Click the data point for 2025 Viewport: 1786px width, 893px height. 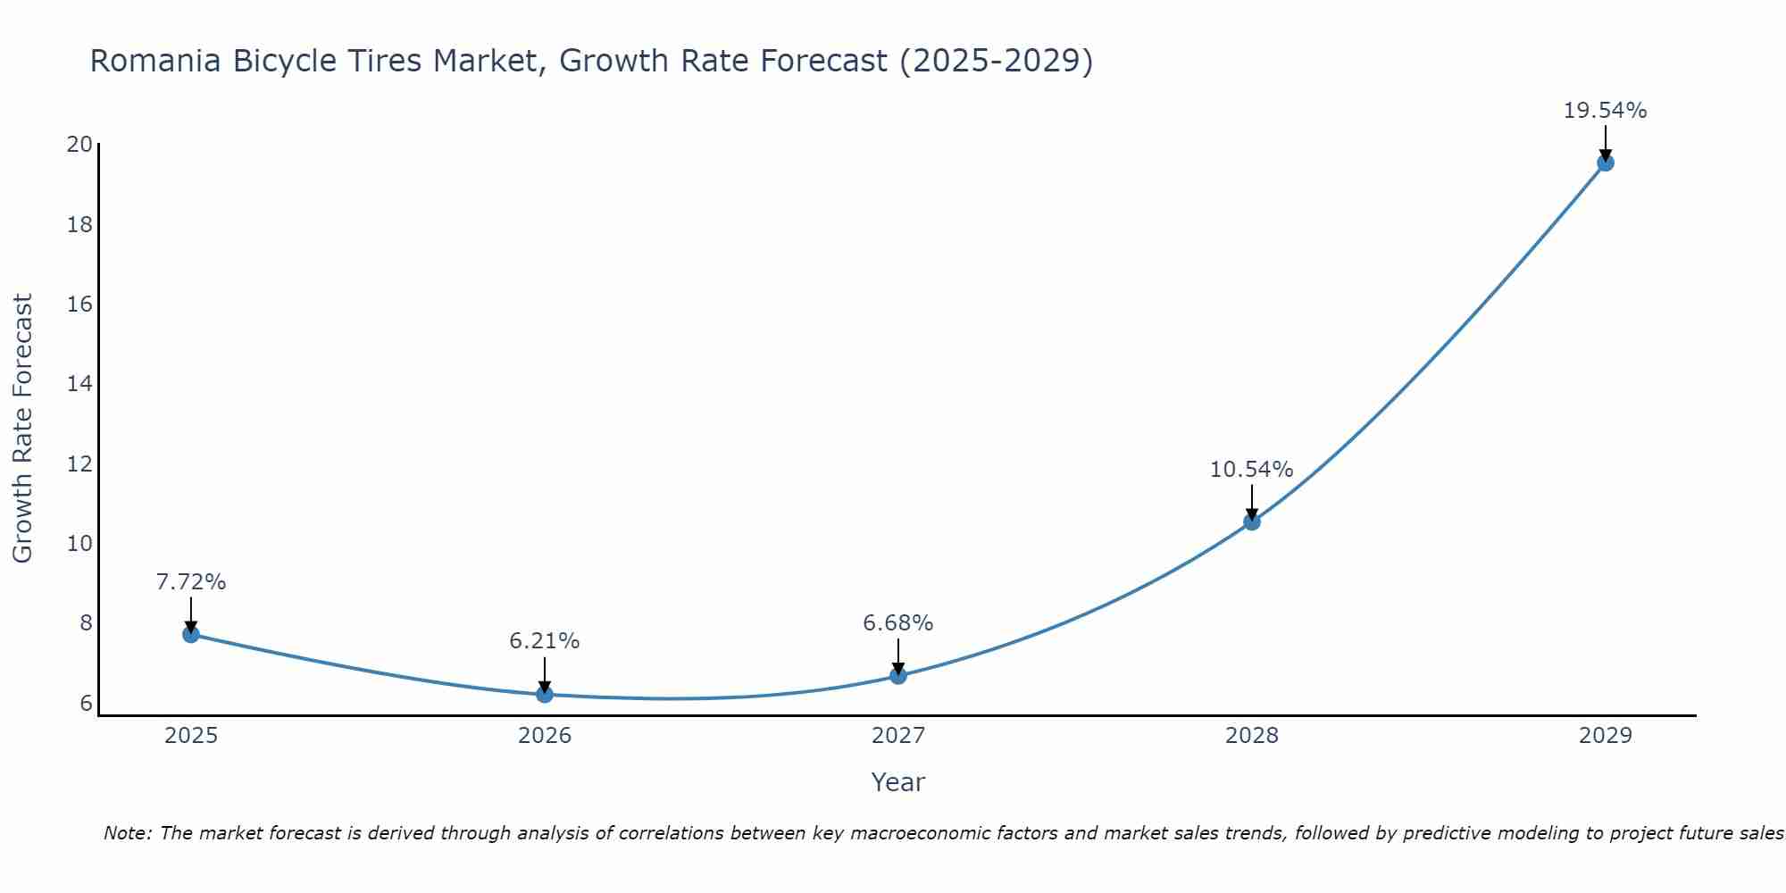point(190,634)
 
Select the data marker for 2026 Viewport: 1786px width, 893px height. point(544,694)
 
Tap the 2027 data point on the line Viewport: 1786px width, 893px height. point(897,676)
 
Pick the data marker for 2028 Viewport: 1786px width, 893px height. point(1251,522)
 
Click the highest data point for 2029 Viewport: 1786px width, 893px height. point(1605,163)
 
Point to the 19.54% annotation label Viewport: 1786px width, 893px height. point(1605,111)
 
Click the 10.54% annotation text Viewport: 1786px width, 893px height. point(1251,470)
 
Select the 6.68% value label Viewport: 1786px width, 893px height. point(897,623)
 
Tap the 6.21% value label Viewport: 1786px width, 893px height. point(544,641)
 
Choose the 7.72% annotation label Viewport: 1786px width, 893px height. point(190,582)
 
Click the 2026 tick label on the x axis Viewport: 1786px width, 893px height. point(544,736)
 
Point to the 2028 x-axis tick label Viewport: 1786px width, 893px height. point(1251,736)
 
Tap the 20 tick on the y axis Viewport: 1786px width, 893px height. point(79,145)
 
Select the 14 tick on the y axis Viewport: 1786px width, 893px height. point(79,384)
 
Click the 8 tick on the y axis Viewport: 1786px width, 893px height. point(86,623)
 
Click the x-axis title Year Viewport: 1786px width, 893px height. point(897,782)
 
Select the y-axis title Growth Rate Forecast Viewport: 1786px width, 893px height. point(22,429)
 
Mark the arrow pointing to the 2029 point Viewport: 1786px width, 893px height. point(1605,143)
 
